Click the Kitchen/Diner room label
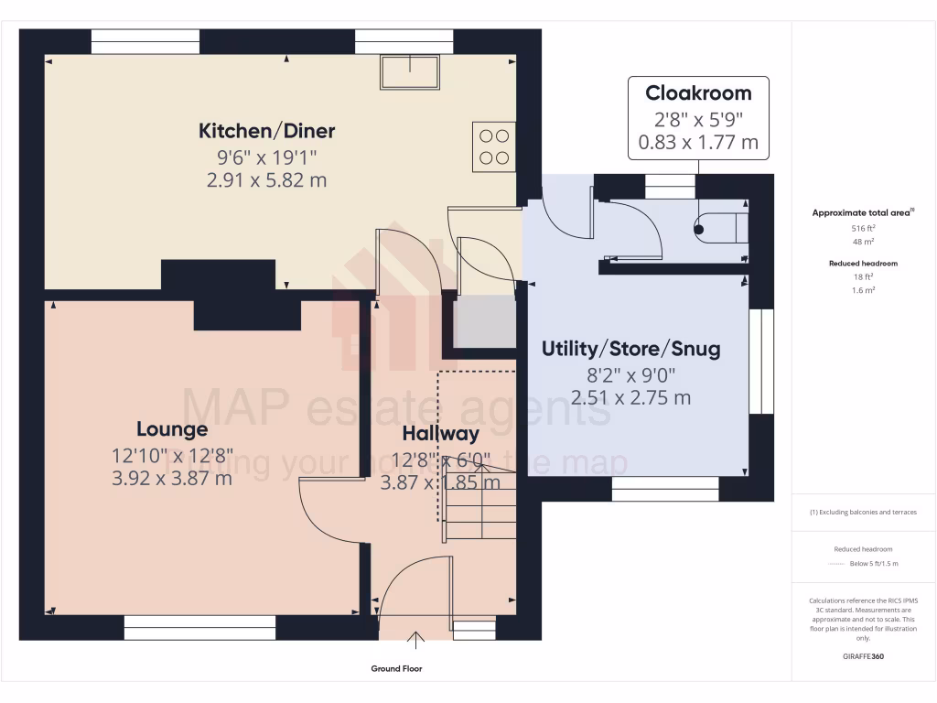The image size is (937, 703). [x=266, y=131]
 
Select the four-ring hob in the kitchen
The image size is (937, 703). [x=493, y=146]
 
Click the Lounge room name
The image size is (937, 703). [x=172, y=428]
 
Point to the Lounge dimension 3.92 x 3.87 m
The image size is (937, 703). [x=172, y=477]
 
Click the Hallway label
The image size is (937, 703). [x=440, y=434]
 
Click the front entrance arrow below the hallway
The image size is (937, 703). [x=416, y=638]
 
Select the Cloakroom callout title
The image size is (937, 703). [x=698, y=92]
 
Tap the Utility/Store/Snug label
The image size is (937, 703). [x=630, y=349]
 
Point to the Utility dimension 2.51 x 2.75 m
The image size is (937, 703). [x=630, y=397]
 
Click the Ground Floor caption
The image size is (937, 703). [x=396, y=669]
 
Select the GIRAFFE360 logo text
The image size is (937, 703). [x=863, y=656]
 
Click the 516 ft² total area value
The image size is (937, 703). [x=863, y=228]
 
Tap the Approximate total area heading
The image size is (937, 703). [x=863, y=212]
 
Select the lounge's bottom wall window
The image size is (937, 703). [x=199, y=627]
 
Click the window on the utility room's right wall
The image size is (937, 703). [x=761, y=361]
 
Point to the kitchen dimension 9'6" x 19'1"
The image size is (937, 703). [x=266, y=157]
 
